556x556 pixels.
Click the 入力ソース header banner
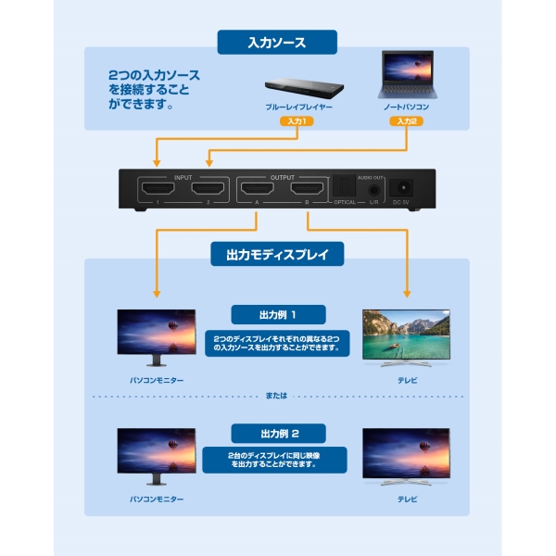click(x=277, y=43)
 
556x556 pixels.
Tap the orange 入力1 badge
click(x=297, y=121)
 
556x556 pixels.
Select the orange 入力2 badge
click(x=407, y=121)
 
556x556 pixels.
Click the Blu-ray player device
click(x=304, y=88)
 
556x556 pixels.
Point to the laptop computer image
click(x=407, y=74)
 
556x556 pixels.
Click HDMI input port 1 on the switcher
click(x=158, y=189)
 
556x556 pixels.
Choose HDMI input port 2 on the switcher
click(x=208, y=189)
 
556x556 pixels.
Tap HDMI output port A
click(x=258, y=189)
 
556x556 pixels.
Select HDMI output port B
click(x=307, y=189)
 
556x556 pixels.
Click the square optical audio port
click(x=345, y=186)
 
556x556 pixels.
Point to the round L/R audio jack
click(x=373, y=190)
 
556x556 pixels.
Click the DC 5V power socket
click(x=402, y=187)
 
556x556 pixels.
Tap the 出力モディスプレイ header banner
click(x=277, y=254)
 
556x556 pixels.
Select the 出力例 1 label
click(x=278, y=314)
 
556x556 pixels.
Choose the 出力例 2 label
click(x=278, y=434)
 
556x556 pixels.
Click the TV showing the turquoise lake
click(x=407, y=337)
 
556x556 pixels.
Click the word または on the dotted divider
click(x=276, y=396)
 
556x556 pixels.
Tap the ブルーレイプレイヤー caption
click(x=299, y=107)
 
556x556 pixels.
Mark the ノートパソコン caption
click(x=407, y=107)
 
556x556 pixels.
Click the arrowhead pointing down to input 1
click(x=157, y=163)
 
